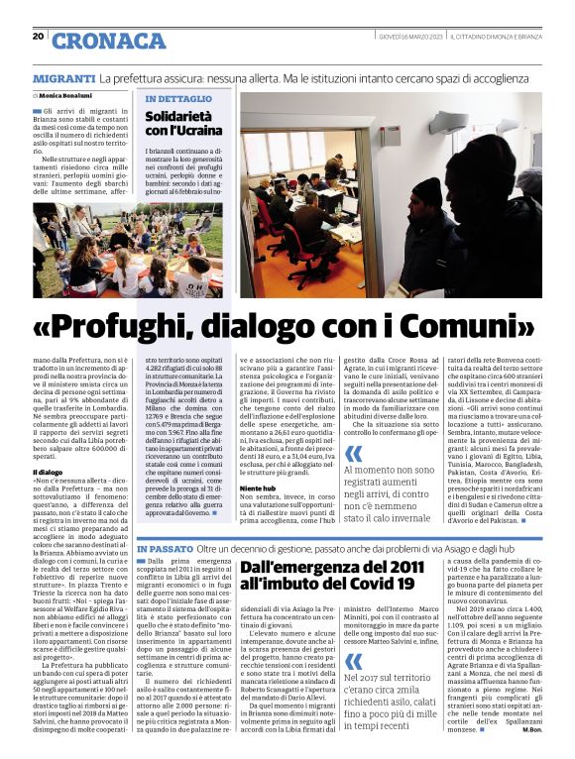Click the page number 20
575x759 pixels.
pyautogui.click(x=39, y=37)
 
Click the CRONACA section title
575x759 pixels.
pyautogui.click(x=109, y=41)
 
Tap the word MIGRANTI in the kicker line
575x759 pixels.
pyautogui.click(x=63, y=77)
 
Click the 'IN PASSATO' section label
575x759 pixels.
pyautogui.click(x=165, y=548)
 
